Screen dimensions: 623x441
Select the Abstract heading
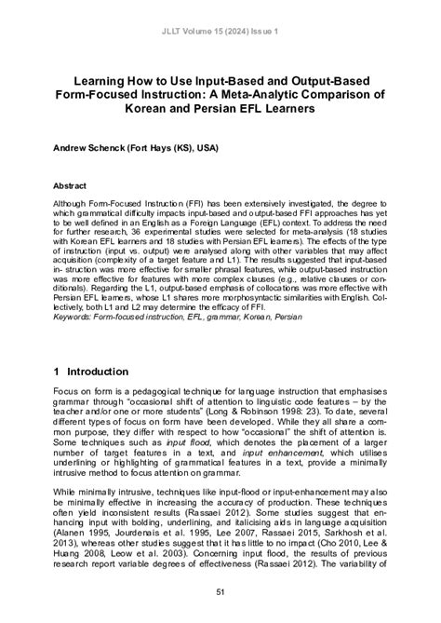[x=72, y=186]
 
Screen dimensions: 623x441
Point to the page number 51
[x=220, y=591]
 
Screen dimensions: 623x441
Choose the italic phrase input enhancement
[x=271, y=462]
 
